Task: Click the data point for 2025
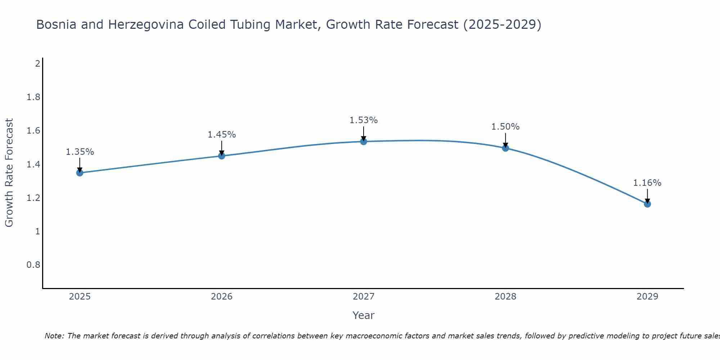click(x=80, y=173)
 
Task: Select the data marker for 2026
click(x=222, y=156)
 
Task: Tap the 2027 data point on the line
click(x=364, y=141)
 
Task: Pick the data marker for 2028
click(x=505, y=148)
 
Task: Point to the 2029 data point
click(x=647, y=204)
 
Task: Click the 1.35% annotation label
click(x=80, y=152)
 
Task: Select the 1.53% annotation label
click(x=364, y=120)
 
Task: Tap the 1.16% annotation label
click(x=647, y=183)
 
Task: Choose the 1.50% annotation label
click(x=505, y=127)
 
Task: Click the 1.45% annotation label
click(x=222, y=135)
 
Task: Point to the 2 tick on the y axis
click(x=37, y=64)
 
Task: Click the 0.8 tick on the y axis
click(x=33, y=265)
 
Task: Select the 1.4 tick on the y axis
click(x=33, y=165)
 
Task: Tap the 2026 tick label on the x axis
click(x=222, y=297)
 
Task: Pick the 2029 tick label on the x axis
click(x=647, y=297)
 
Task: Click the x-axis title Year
click(x=364, y=315)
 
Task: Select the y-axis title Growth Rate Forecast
click(x=9, y=173)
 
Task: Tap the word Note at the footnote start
click(x=54, y=336)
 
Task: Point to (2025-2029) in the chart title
click(x=502, y=25)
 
